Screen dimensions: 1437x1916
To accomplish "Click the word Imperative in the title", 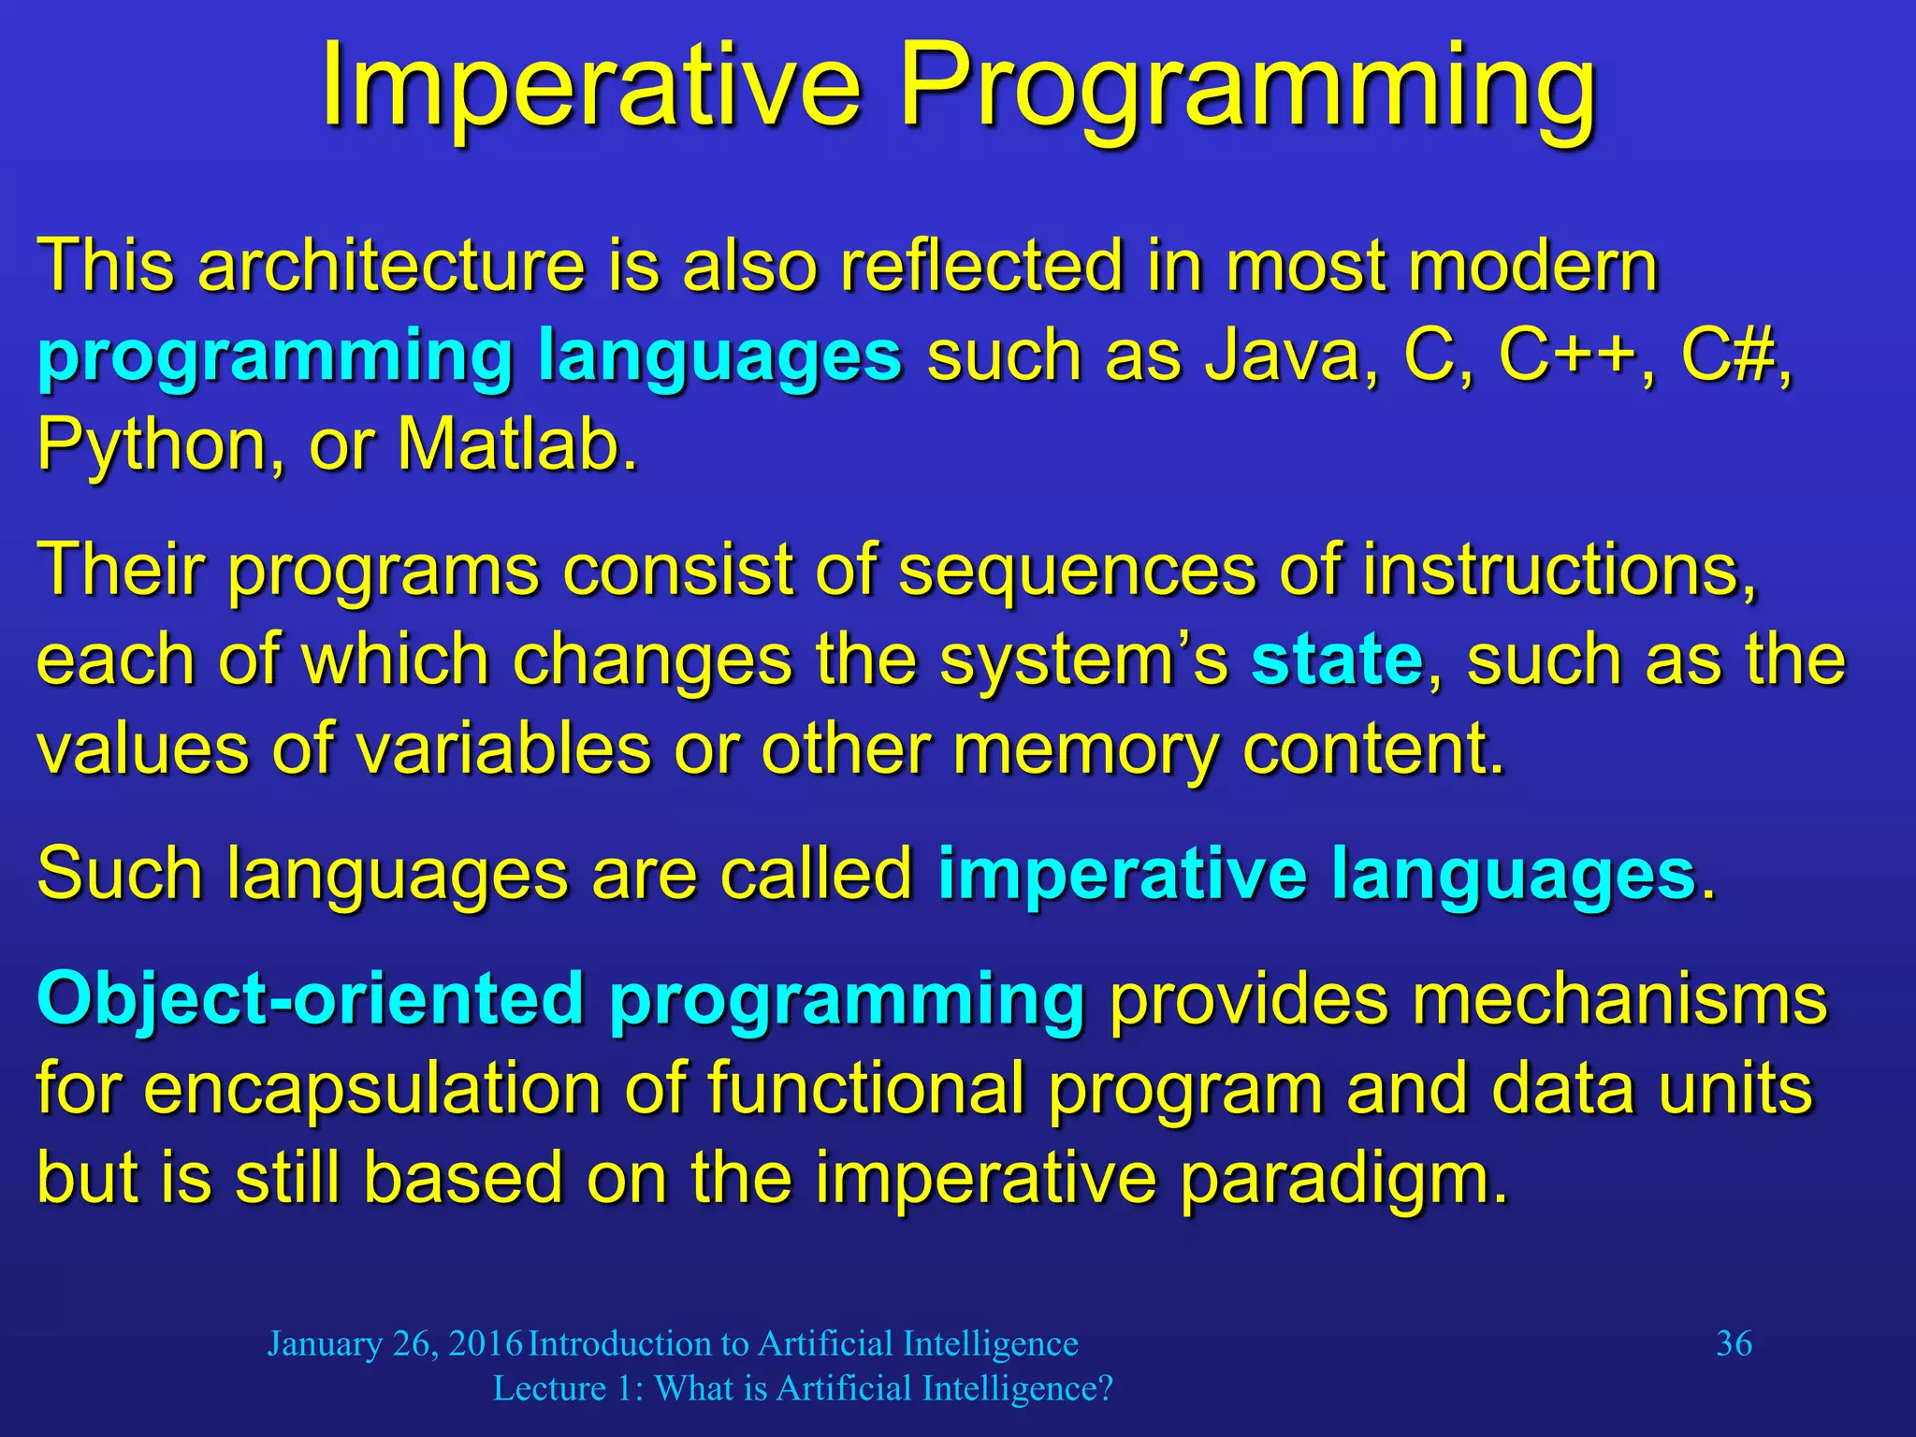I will click(x=590, y=89).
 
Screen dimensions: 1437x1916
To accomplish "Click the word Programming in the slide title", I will click(x=1248, y=94).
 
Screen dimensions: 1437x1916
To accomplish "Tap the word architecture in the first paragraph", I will click(x=391, y=267).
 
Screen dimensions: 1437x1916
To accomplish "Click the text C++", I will click(x=1567, y=356).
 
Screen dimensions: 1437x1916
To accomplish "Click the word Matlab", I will click(x=517, y=444).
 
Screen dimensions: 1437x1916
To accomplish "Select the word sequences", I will click(x=1077, y=571).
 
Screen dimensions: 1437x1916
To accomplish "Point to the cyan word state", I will click(x=1337, y=660).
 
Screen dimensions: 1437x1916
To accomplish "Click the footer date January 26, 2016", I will click(x=395, y=1344).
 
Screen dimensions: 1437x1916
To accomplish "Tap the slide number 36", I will click(x=1734, y=1344).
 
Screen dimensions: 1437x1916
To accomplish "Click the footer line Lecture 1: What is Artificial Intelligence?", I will click(x=803, y=1389).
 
